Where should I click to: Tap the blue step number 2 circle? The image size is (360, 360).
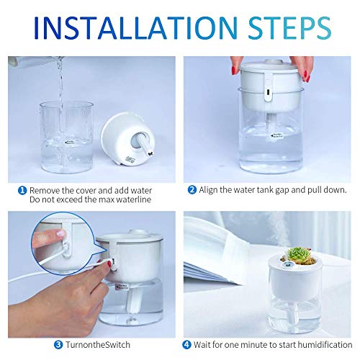[x=192, y=190]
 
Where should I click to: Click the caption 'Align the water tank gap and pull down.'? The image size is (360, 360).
[x=270, y=190]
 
